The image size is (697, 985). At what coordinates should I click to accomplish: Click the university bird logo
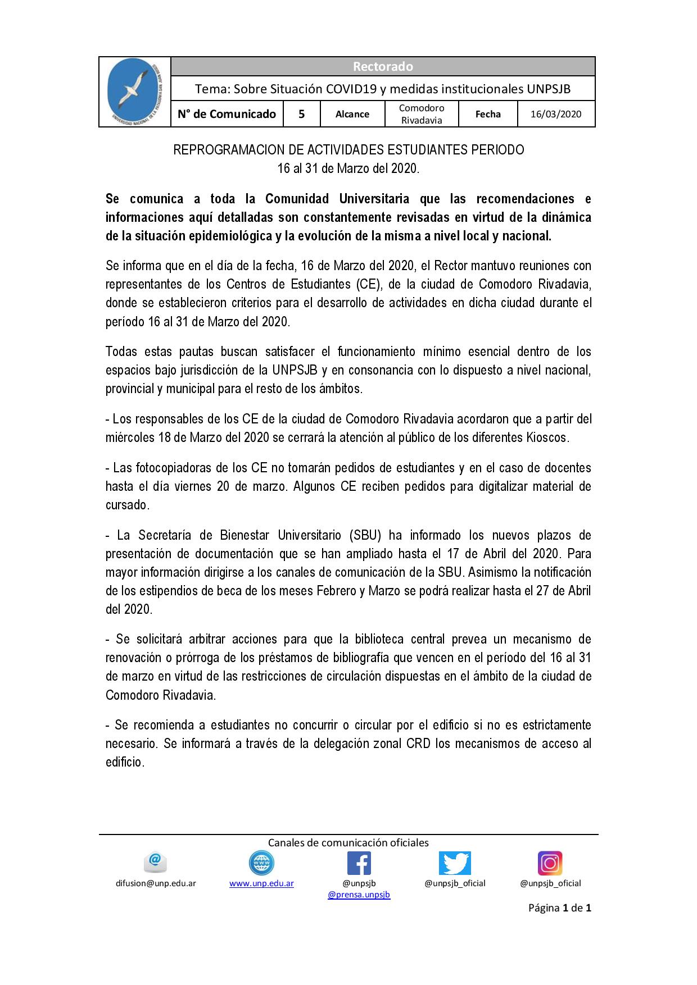pyautogui.click(x=135, y=92)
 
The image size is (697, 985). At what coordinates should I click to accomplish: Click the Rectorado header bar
pyautogui.click(x=383, y=66)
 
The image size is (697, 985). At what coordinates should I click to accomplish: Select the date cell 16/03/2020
pyautogui.click(x=556, y=114)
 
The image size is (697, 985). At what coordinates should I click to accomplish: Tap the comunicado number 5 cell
pyautogui.click(x=302, y=114)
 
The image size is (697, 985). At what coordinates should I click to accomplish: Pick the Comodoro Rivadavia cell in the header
pyautogui.click(x=422, y=114)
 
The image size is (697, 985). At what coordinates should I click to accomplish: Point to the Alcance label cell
pyautogui.click(x=352, y=114)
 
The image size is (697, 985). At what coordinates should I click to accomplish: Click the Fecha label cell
pyautogui.click(x=488, y=114)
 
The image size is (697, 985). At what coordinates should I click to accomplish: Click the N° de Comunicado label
pyautogui.click(x=227, y=114)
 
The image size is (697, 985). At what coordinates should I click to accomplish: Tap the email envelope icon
pyautogui.click(x=156, y=862)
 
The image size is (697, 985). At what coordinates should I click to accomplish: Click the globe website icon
pyautogui.click(x=261, y=863)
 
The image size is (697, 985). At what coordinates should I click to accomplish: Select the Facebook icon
pyautogui.click(x=359, y=863)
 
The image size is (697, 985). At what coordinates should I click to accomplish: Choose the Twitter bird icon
pyautogui.click(x=455, y=863)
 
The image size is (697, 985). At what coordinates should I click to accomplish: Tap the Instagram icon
pyautogui.click(x=550, y=863)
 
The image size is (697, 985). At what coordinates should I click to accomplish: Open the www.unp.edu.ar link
pyautogui.click(x=261, y=883)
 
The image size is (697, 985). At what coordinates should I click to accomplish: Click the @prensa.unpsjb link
pyautogui.click(x=359, y=894)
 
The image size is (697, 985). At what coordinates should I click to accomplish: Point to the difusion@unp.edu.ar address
pyautogui.click(x=156, y=883)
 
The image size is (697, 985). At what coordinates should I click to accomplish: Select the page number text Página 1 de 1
pyautogui.click(x=559, y=908)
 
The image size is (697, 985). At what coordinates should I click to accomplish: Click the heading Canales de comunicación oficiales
pyautogui.click(x=348, y=842)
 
